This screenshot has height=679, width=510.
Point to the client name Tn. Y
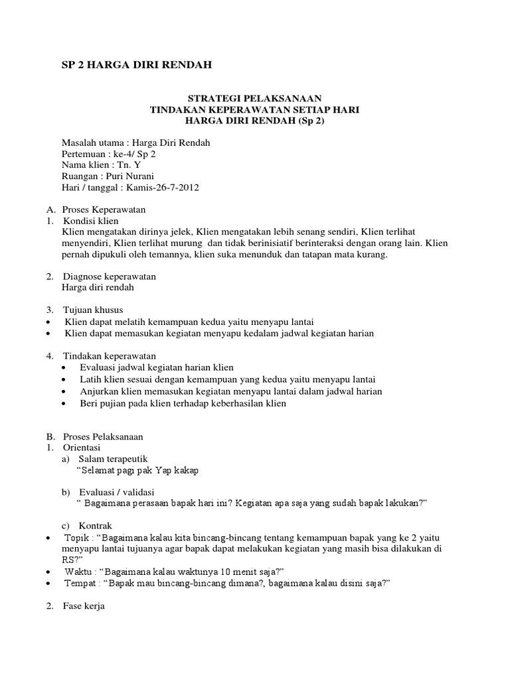[x=128, y=164]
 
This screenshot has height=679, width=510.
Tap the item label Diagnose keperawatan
[x=110, y=277]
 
